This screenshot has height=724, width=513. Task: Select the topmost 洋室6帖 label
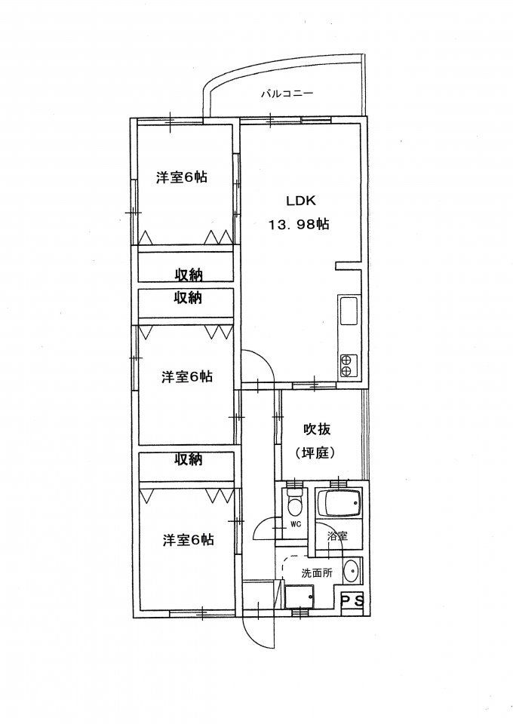(182, 178)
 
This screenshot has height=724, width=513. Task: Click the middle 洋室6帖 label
(186, 377)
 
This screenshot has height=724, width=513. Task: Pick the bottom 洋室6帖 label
(188, 539)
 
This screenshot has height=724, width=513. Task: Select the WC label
(296, 524)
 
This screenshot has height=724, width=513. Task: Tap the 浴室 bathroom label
(336, 536)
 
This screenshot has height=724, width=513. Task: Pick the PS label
(352, 601)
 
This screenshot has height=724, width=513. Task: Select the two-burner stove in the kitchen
(348, 364)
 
